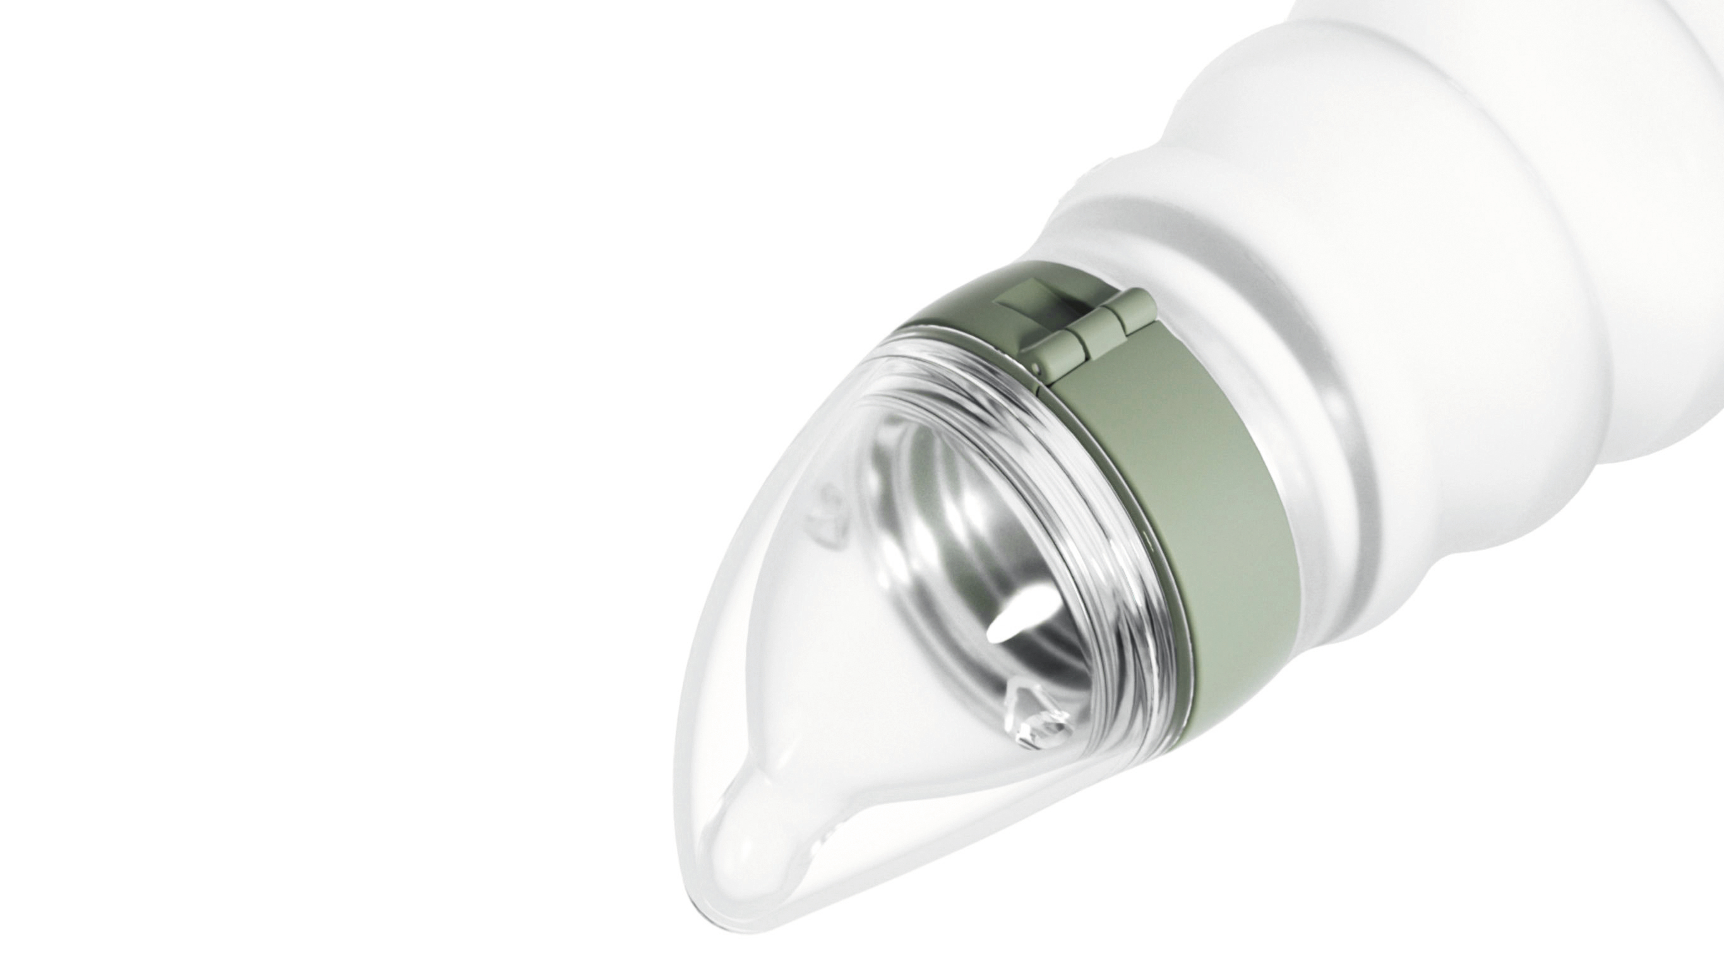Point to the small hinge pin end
[x=1036, y=368]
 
